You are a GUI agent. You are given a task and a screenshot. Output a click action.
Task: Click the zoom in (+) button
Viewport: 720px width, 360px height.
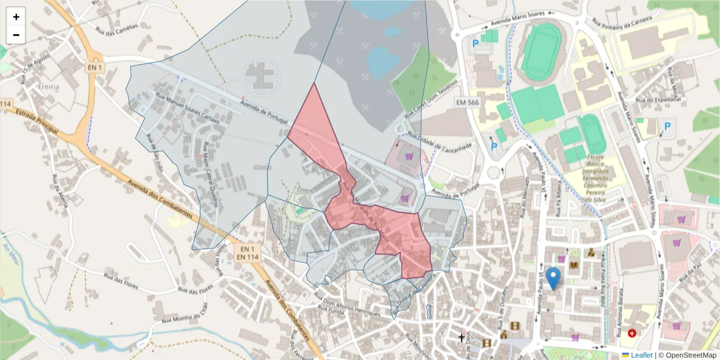coord(16,17)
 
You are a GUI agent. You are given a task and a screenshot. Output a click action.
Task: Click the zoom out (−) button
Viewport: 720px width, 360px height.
coord(16,35)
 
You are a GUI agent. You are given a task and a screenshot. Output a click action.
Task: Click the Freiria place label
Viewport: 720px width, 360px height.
coord(47,86)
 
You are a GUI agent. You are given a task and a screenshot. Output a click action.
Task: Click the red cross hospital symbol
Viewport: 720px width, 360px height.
coord(632,332)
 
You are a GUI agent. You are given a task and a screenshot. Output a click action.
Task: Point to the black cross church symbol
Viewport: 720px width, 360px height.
coord(461,338)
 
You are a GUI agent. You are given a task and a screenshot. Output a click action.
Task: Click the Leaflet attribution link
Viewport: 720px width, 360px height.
coord(641,355)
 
